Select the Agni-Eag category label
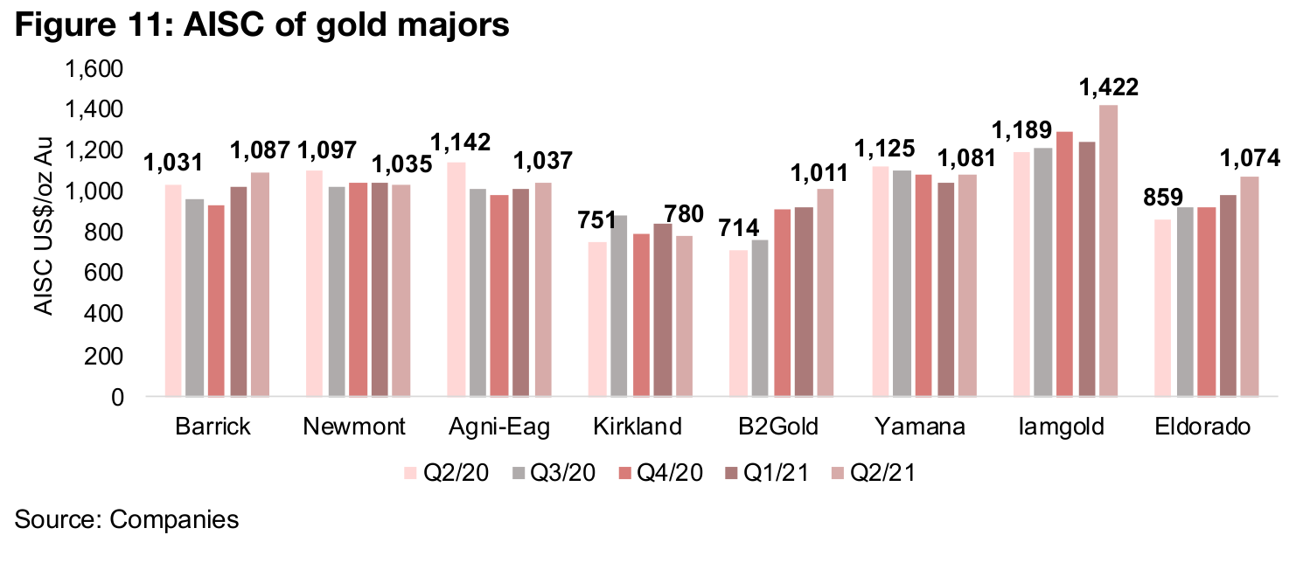point(500,427)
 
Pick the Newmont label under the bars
point(355,427)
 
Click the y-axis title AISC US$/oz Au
point(44,233)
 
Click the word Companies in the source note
point(173,518)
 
